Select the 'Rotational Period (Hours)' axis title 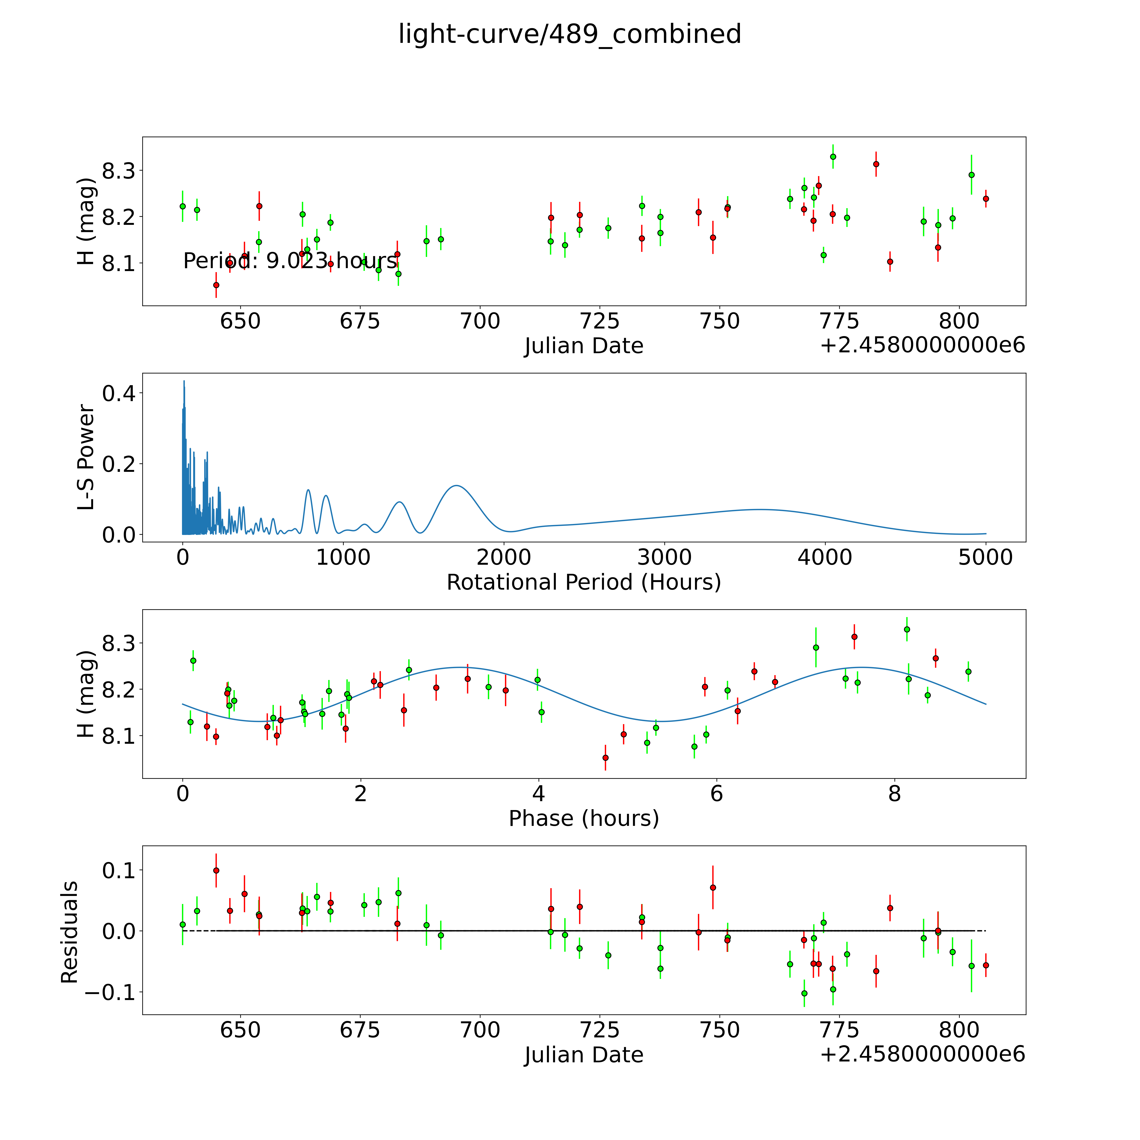(584, 582)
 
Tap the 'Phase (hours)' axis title (584, 818)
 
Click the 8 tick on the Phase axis (894, 794)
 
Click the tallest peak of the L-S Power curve (184, 381)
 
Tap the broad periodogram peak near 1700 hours (456, 486)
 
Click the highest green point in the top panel (833, 156)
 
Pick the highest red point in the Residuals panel (216, 870)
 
